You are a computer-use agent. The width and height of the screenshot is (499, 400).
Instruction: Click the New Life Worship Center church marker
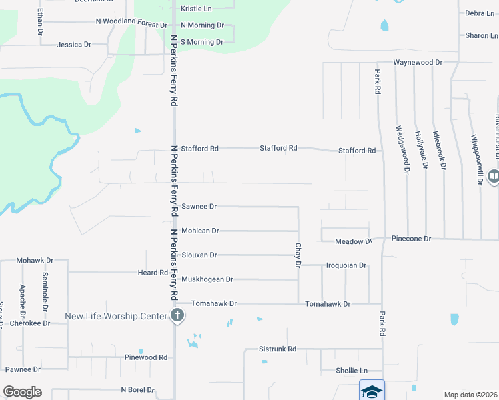[177, 316]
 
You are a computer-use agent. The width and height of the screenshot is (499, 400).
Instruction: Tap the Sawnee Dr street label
[199, 207]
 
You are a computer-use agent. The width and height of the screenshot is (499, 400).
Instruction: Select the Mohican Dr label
[200, 231]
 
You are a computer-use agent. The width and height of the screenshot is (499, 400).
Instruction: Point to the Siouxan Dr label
[199, 255]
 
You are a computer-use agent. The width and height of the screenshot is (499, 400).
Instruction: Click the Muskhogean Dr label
[207, 279]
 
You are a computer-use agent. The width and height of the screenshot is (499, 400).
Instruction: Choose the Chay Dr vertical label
[298, 255]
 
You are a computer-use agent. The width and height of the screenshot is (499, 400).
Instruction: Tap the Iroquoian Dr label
[346, 265]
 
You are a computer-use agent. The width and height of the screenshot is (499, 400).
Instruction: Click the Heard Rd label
[153, 273]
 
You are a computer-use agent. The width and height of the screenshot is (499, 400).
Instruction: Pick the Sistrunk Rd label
[278, 349]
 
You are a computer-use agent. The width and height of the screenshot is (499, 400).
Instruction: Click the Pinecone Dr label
[412, 238]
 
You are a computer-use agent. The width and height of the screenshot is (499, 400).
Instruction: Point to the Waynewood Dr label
[418, 62]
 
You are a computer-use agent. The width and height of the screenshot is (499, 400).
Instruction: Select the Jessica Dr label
[74, 45]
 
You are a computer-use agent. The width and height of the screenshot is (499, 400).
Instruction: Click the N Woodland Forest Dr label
[132, 23]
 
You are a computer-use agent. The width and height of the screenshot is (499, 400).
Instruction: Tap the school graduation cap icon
[372, 391]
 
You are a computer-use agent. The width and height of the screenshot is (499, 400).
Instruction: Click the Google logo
[22, 392]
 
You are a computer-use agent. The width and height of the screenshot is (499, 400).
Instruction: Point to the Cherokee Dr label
[30, 323]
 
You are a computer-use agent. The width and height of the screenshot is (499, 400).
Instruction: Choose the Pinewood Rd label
[146, 357]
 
